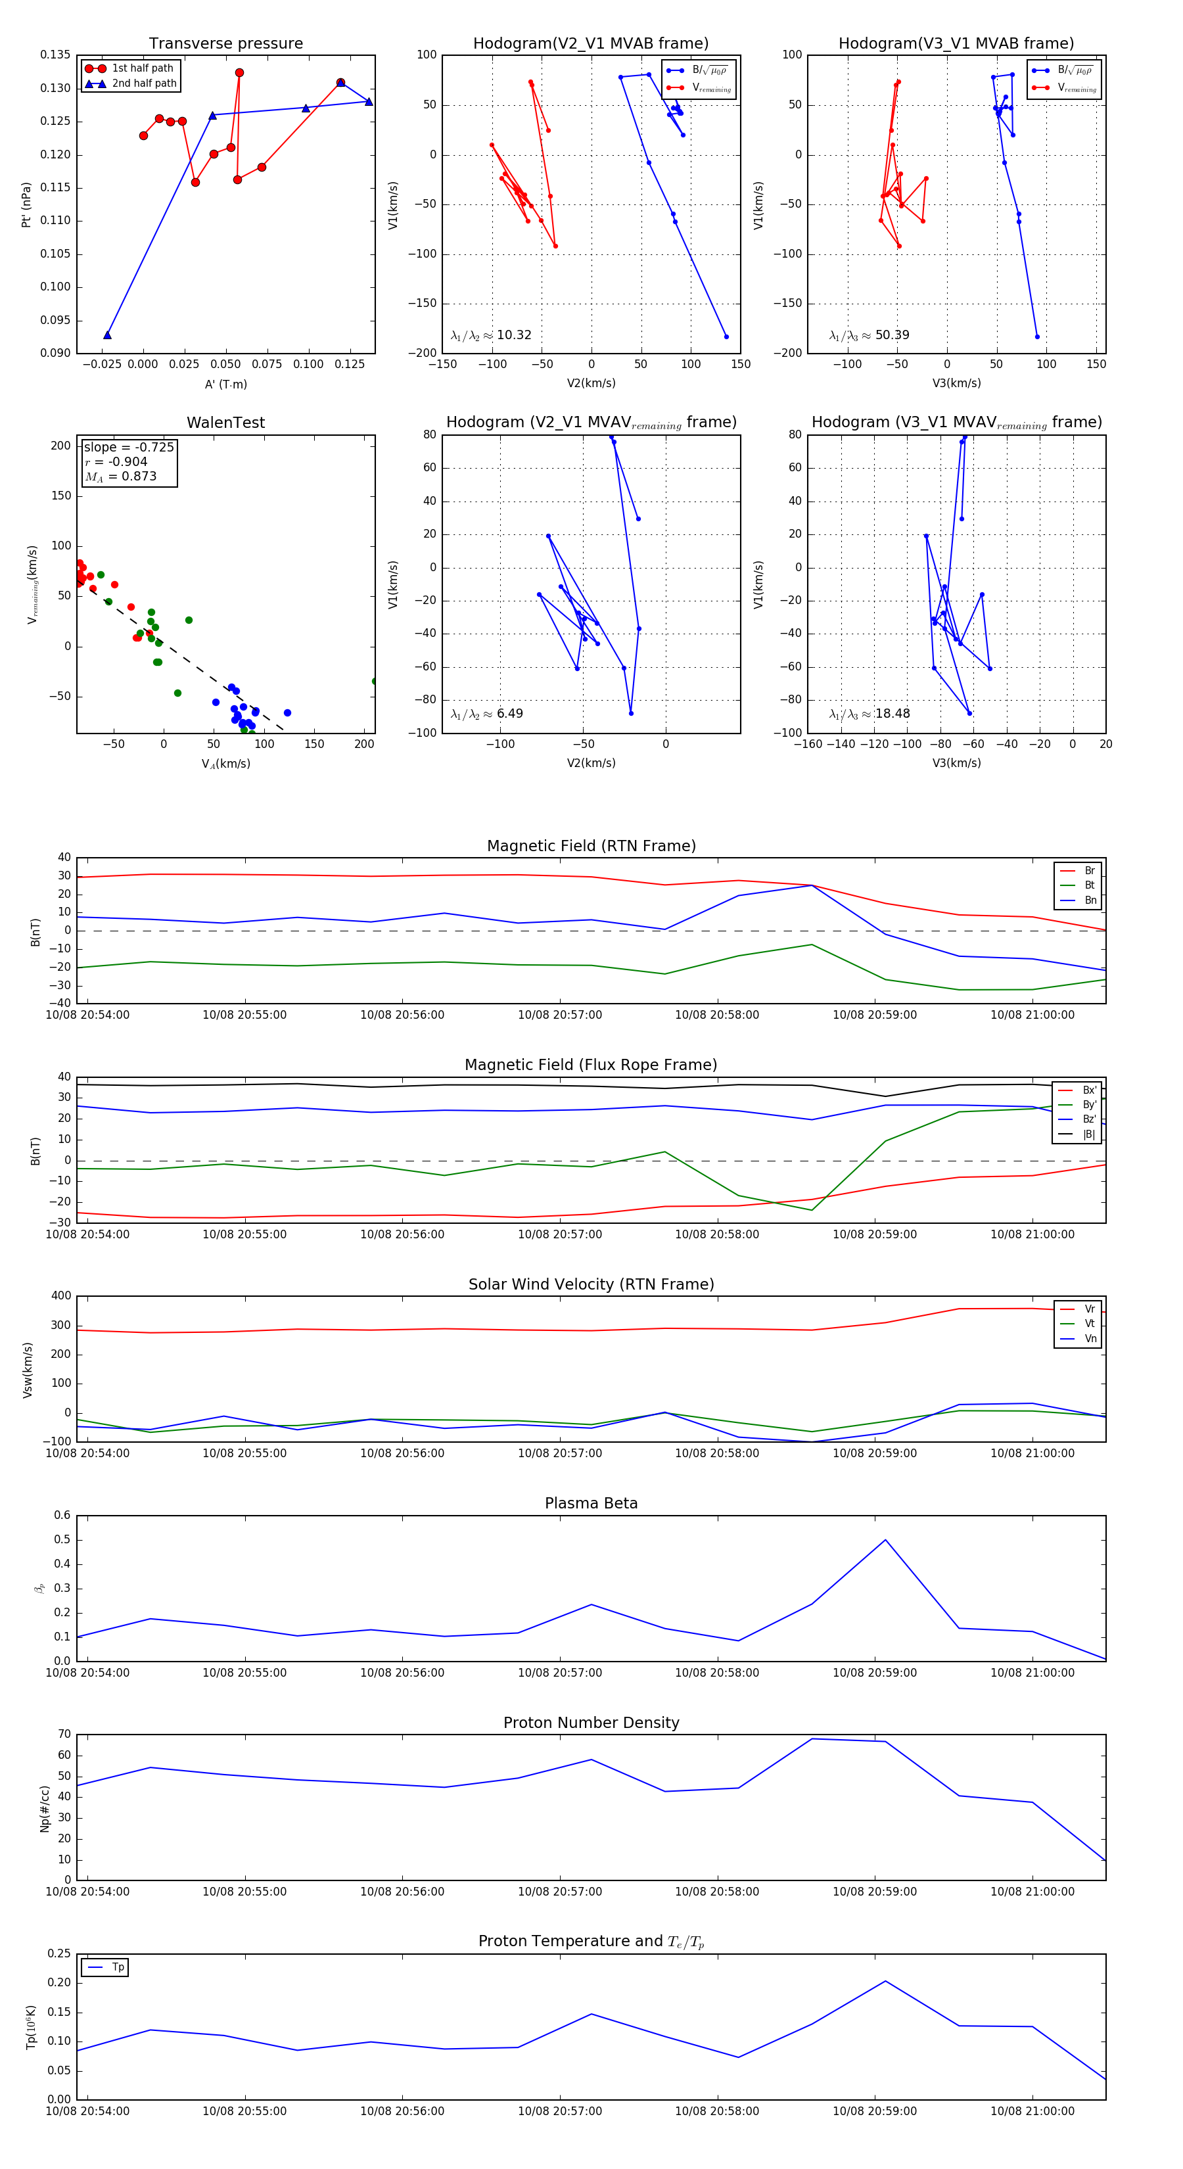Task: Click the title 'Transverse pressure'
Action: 225,44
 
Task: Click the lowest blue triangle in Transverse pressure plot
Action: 107,335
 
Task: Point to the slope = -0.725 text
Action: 128,447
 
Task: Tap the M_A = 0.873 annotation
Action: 120,477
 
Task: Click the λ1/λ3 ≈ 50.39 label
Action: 869,335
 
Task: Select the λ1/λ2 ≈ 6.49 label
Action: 486,714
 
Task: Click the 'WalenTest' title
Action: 225,423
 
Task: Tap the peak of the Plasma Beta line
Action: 885,1540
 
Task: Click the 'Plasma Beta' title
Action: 591,1503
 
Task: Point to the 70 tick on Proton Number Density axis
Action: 64,1734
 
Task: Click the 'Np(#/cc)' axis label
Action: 45,1809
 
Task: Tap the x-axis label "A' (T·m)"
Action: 225,384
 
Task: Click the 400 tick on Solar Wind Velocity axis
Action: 60,1296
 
